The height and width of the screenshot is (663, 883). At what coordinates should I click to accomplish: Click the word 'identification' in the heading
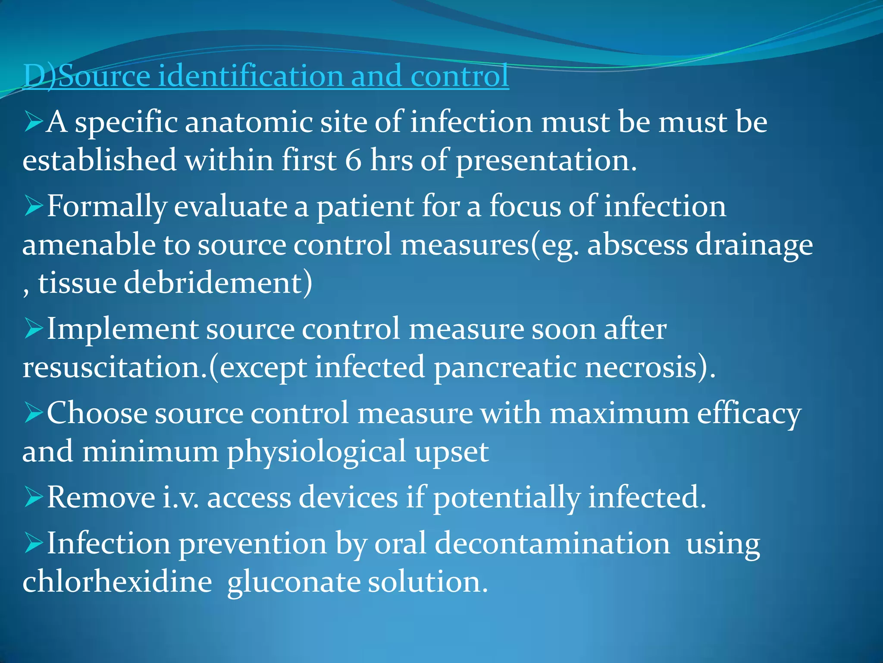[x=250, y=76]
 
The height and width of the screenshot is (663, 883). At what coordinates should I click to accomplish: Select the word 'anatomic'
[x=248, y=123]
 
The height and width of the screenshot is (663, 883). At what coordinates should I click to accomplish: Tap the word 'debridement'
[x=213, y=283]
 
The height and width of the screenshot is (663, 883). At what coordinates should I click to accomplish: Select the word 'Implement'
[x=122, y=329]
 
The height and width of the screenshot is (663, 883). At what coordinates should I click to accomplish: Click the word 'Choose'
[x=97, y=413]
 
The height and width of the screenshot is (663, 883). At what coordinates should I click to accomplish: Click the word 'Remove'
[x=101, y=497]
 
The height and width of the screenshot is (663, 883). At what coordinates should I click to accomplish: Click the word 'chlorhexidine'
[x=117, y=581]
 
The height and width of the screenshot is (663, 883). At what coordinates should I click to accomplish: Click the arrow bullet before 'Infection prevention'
[x=33, y=543]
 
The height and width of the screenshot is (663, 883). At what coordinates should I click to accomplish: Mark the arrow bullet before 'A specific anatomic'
[x=33, y=122]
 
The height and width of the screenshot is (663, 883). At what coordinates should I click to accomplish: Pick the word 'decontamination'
[x=552, y=543]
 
